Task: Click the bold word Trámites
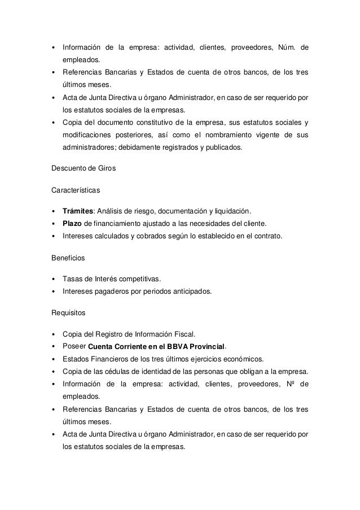77,212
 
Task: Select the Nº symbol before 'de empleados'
287,385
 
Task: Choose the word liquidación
229,212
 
